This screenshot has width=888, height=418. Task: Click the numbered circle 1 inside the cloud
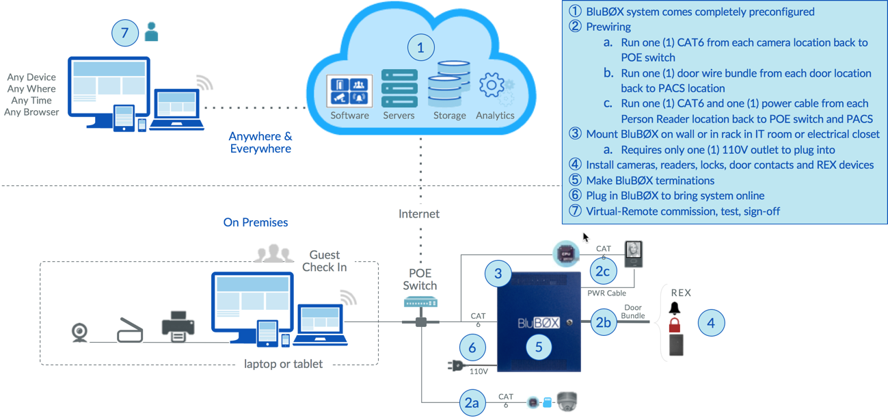[x=420, y=48]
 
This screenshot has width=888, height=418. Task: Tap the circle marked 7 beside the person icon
[x=124, y=33]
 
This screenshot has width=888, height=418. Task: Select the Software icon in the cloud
[x=349, y=92]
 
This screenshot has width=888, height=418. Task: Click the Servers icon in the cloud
[x=399, y=88]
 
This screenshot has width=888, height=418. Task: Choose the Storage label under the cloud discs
[x=449, y=116]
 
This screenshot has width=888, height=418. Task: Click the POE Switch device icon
[x=420, y=302]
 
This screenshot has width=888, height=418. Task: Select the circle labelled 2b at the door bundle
[x=603, y=322]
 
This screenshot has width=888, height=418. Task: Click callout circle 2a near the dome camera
[x=472, y=403]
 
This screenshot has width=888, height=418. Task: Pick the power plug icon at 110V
[x=454, y=366]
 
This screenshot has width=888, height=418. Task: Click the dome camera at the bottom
[x=567, y=402]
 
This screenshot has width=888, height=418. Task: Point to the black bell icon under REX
[x=675, y=308]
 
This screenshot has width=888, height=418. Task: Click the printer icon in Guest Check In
[x=178, y=327]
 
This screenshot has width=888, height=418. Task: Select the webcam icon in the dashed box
[x=80, y=332]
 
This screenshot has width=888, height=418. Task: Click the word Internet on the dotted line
[x=419, y=214]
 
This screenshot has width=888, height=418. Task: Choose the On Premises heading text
[x=256, y=222]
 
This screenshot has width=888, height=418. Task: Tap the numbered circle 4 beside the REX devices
[x=711, y=322]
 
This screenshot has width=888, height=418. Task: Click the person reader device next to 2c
[x=634, y=254]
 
